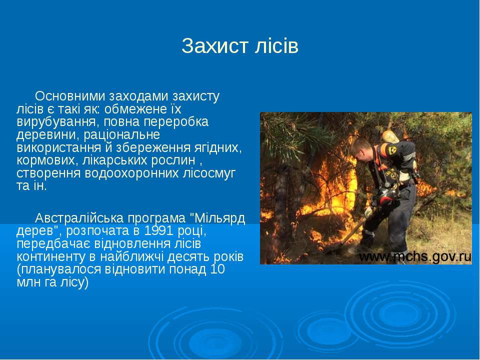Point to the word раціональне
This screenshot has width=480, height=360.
click(x=121, y=135)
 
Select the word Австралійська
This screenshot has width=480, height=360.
click(x=79, y=218)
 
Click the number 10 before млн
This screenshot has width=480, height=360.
click(x=217, y=269)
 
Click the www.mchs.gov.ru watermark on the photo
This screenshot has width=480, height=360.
click(x=415, y=257)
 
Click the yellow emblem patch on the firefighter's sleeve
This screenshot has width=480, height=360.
click(x=392, y=150)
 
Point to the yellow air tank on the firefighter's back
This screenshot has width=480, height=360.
click(x=390, y=136)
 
